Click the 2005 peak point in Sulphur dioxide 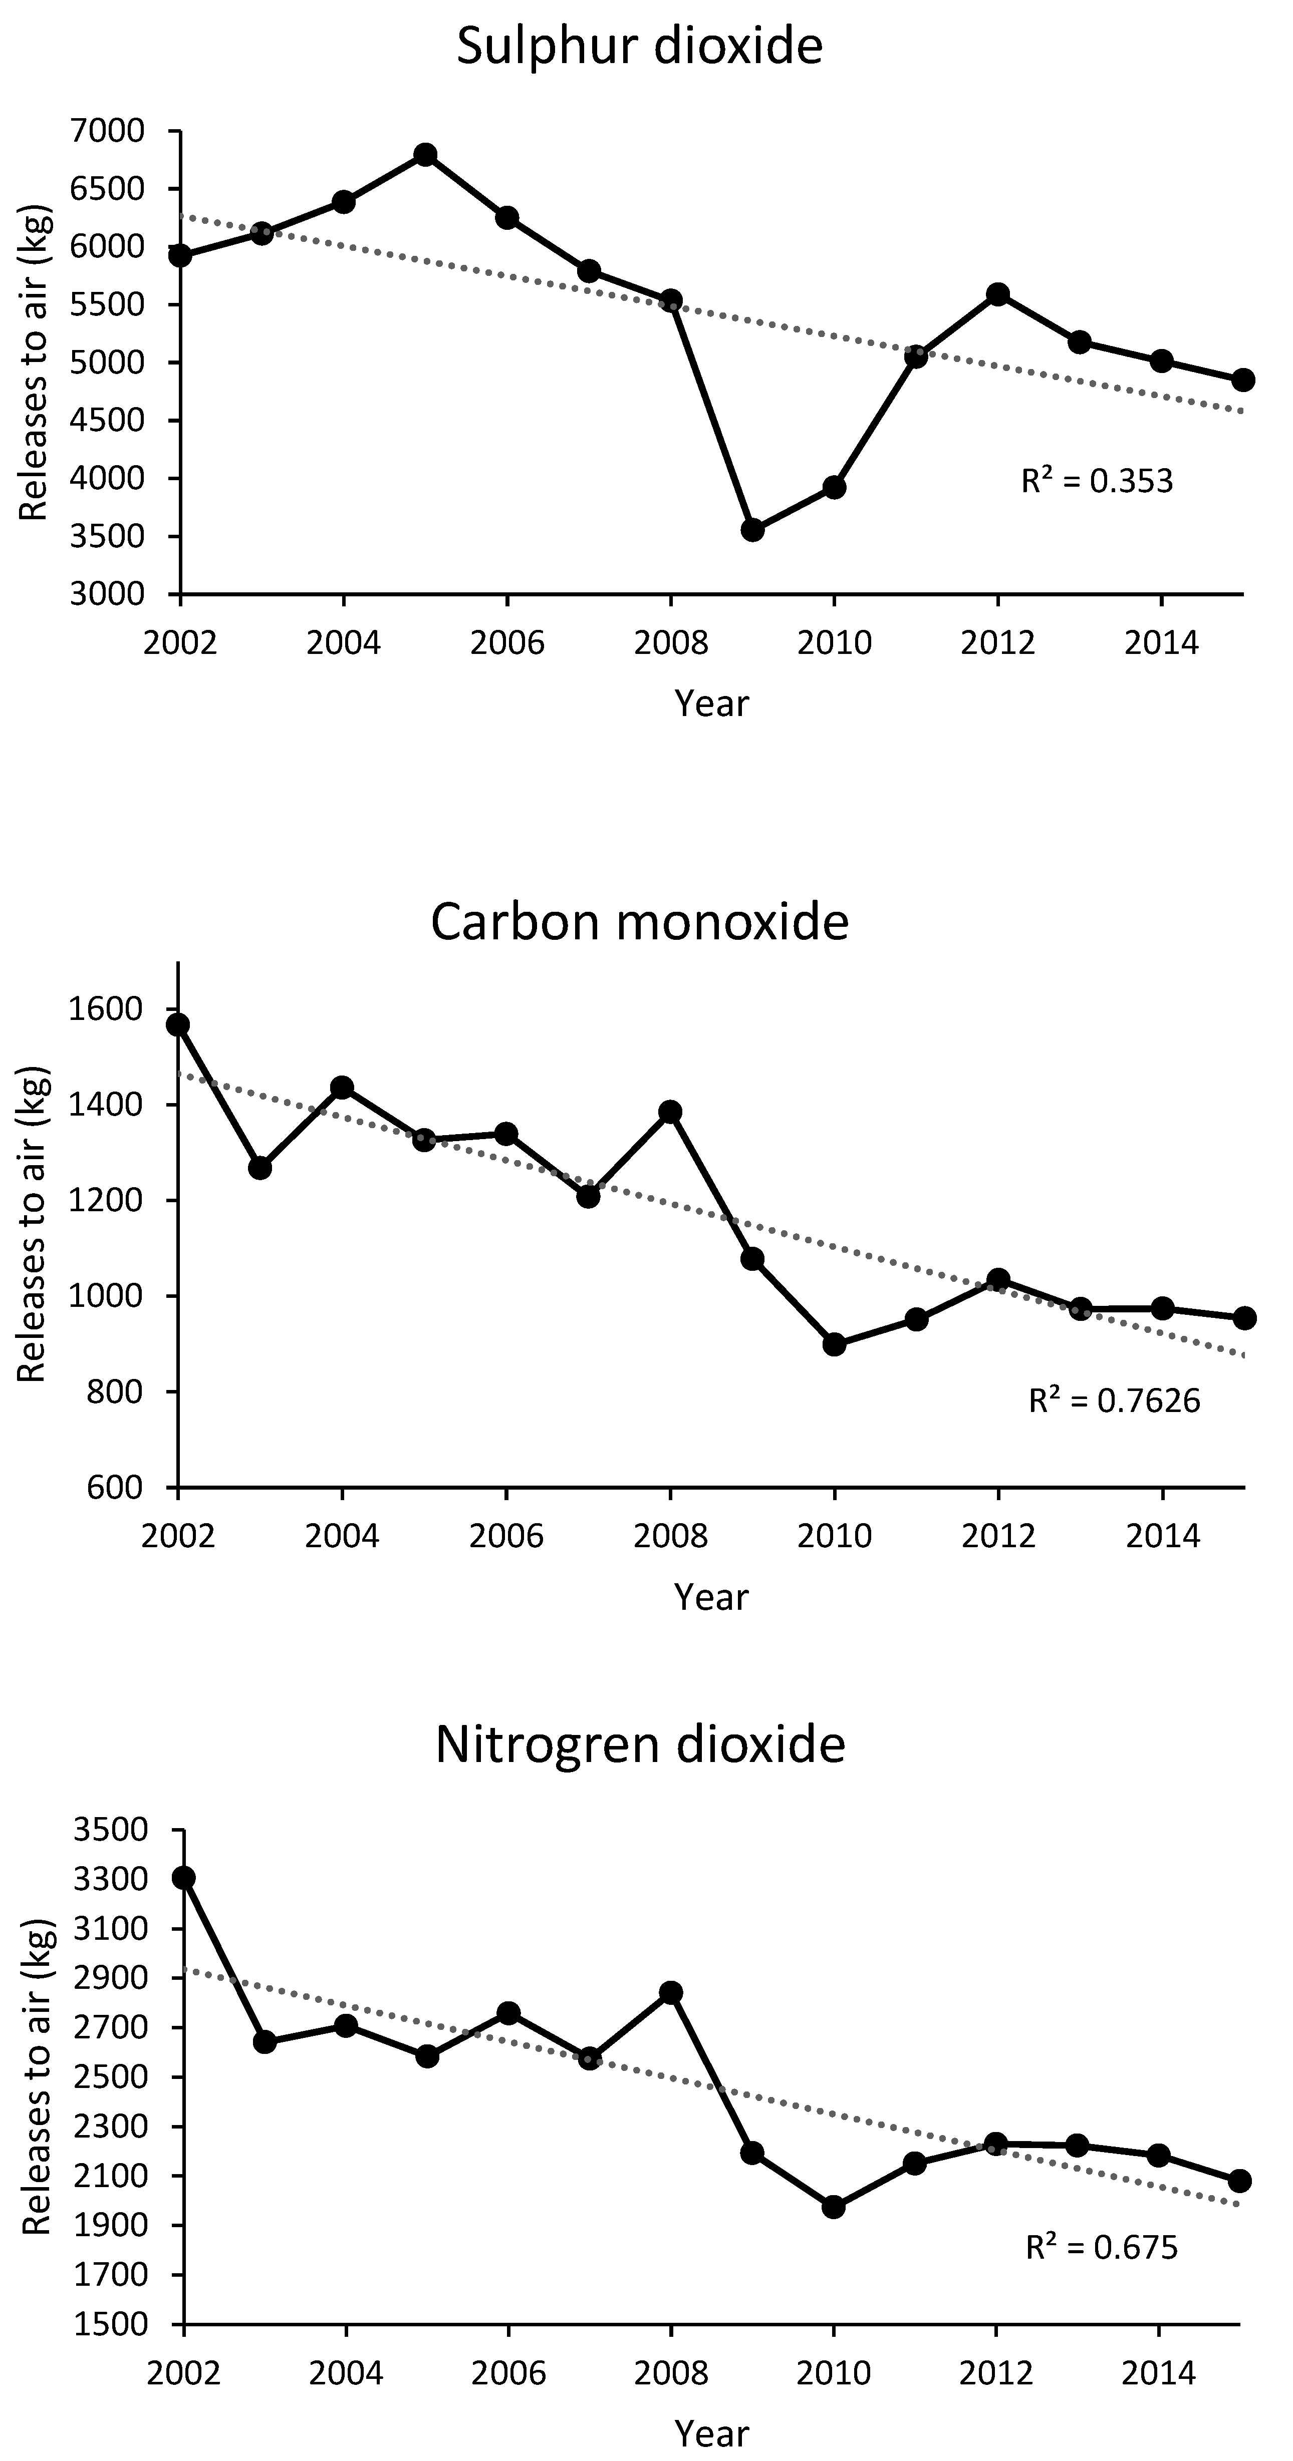(x=425, y=155)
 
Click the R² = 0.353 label (x=1097, y=481)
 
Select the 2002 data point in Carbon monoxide (x=178, y=1025)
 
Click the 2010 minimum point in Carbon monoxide (x=833, y=1344)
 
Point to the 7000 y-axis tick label (x=109, y=131)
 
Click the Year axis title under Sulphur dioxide (x=712, y=703)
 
